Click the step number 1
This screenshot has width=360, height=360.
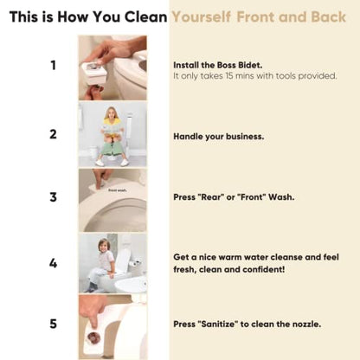[x=54, y=65]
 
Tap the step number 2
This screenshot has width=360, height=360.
[x=53, y=134]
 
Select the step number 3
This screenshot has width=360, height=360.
[x=53, y=197]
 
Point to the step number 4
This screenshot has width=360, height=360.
[x=53, y=263]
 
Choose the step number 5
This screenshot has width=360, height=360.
[x=53, y=324]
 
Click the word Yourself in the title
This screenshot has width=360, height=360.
[x=202, y=17]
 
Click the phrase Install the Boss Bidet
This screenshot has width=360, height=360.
[x=218, y=65]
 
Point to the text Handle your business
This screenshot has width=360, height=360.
[x=219, y=137]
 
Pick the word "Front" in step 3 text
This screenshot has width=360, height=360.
[x=251, y=197]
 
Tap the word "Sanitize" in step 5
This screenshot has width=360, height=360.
[x=218, y=324]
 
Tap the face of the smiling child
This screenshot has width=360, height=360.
[x=103, y=246]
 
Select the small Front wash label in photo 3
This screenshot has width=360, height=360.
[x=118, y=190]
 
